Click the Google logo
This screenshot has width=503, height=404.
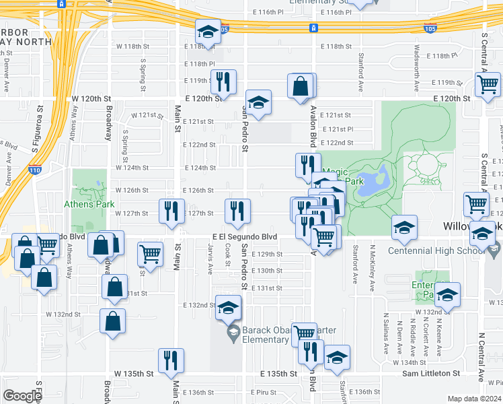22,396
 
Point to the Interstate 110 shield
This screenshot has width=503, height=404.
34,170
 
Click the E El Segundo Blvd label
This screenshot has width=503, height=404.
245,237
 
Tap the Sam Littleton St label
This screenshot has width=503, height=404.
430,373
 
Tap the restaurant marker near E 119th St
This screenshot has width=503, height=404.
223,81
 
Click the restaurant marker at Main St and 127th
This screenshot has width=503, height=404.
171,210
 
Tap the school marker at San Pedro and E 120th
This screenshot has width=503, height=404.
258,102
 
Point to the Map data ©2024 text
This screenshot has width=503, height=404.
474,399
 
